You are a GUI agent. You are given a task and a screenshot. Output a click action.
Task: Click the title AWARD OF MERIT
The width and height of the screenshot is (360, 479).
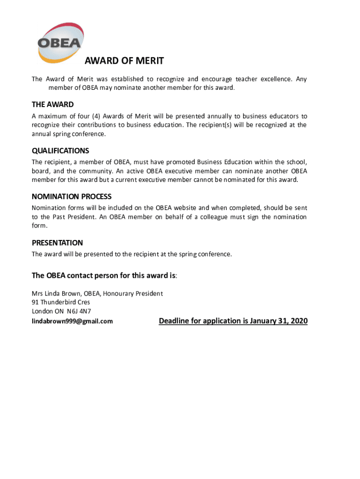[124, 61]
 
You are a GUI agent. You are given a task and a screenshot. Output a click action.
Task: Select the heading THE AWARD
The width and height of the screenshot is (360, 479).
[52, 104]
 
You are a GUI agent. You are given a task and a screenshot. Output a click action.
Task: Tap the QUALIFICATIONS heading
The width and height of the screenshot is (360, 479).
[60, 151]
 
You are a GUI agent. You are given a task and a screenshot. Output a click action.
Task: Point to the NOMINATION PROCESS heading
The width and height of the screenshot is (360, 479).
[72, 196]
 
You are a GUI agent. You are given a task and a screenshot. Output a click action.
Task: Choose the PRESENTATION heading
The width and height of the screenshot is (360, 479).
[57, 243]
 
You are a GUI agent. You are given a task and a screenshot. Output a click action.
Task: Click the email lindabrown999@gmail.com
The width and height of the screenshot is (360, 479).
[72, 321]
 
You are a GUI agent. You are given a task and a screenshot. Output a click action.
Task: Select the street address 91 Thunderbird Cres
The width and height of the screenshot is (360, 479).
[61, 302]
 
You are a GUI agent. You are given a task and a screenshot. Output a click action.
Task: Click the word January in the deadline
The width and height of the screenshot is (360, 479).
[264, 321]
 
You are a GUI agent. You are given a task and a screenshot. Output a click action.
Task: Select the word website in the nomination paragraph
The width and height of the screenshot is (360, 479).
[195, 208]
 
